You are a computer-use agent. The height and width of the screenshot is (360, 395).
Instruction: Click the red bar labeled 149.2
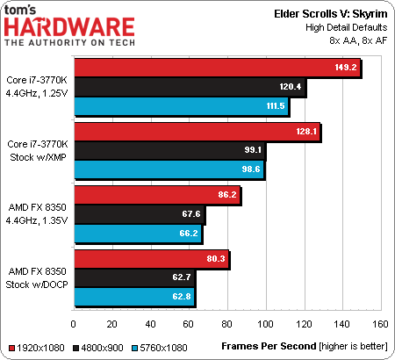tap(218, 68)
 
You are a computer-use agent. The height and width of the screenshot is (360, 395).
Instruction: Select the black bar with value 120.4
tap(190, 87)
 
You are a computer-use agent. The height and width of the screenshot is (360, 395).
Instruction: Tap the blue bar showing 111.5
tap(182, 106)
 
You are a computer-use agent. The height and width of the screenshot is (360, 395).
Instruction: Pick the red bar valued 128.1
tap(197, 132)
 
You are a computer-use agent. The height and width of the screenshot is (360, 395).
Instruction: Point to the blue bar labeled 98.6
tap(169, 169)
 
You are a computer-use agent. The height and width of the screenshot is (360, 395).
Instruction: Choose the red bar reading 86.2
tap(157, 195)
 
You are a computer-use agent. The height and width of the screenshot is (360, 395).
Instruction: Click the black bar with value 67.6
tap(140, 214)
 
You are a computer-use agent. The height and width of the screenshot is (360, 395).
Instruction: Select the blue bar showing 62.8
tap(134, 297)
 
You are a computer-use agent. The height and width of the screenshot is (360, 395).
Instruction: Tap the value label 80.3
tap(216, 258)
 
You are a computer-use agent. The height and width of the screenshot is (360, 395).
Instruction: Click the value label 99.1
tap(253, 150)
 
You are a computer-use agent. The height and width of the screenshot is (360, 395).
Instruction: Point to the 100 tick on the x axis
tap(265, 324)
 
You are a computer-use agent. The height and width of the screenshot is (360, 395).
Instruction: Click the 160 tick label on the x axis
tap(380, 324)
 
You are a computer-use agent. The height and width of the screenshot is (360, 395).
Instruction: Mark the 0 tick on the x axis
tap(73, 324)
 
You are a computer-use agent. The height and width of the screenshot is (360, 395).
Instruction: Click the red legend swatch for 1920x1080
tap(11, 349)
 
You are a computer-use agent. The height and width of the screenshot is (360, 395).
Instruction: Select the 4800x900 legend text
tap(102, 348)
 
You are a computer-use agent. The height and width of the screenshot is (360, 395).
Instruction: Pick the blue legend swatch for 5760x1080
tap(134, 349)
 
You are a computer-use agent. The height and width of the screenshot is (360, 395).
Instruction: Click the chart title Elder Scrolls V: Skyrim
tap(331, 14)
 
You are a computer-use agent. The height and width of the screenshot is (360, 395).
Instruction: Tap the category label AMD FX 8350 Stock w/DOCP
tap(37, 278)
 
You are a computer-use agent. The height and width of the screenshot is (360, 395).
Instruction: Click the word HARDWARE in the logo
tap(69, 27)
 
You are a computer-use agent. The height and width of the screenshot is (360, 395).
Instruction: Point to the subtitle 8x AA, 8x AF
tap(358, 40)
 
